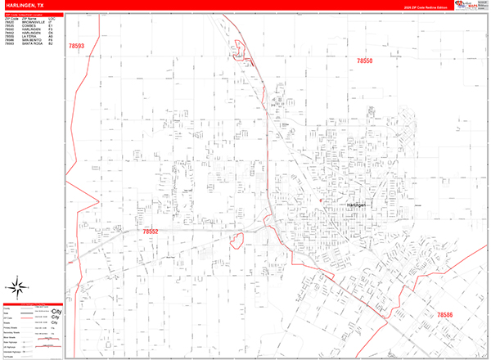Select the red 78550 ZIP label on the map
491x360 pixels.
[x=365, y=61]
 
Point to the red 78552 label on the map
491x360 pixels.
[x=151, y=232]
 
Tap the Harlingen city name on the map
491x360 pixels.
[x=358, y=205]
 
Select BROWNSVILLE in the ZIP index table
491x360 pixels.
[x=33, y=22]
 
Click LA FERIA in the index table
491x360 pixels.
[x=29, y=36]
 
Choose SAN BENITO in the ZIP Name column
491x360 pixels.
[x=31, y=39]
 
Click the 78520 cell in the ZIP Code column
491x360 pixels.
[x=9, y=22]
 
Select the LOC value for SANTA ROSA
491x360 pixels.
[x=51, y=43]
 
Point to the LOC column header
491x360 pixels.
[x=51, y=18]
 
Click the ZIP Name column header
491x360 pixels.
[x=29, y=18]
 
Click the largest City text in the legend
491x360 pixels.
[x=56, y=313]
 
